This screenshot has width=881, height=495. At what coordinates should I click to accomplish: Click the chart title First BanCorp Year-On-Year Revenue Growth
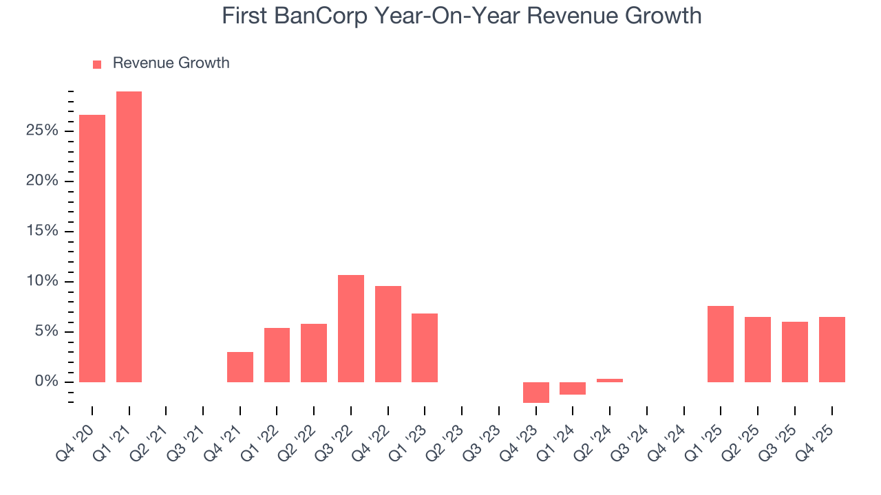[x=461, y=15]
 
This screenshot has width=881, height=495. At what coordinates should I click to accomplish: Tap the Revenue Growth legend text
[x=171, y=63]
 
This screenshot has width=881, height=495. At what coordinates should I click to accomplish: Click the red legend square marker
[x=97, y=64]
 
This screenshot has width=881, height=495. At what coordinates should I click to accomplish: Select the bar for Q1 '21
[x=129, y=236]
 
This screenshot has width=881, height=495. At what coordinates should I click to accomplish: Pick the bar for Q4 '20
[x=92, y=248]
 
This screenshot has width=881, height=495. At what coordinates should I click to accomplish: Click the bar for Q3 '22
[x=351, y=329]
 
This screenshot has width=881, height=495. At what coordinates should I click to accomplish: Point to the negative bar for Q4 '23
[x=536, y=392]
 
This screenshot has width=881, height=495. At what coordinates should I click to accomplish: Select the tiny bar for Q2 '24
[x=610, y=380]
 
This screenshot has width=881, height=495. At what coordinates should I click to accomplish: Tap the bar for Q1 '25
[x=721, y=344]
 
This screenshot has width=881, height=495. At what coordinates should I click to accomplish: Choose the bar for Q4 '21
[x=240, y=367]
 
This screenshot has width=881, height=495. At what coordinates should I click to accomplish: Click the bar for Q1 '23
[x=425, y=348]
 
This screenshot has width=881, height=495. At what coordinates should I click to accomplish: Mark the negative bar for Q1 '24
[x=573, y=388]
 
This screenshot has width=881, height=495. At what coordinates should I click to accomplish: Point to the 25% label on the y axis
[x=42, y=131]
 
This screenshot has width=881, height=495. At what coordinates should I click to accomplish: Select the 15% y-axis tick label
[x=42, y=231]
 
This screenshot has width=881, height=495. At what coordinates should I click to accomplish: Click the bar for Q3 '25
[x=795, y=352]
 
